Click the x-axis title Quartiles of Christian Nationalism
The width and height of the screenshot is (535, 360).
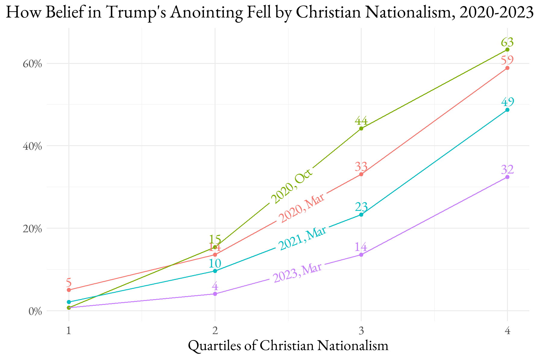tap(288, 346)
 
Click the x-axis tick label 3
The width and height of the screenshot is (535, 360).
tap(361, 331)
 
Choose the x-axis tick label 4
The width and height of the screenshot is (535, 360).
tap(507, 331)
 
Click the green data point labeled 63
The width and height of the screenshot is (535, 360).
tap(507, 49)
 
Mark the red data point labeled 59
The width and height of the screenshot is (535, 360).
tap(507, 68)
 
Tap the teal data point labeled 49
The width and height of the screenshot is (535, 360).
tap(507, 110)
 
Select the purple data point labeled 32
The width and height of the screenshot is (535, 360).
tap(507, 177)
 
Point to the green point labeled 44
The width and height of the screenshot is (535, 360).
tap(361, 129)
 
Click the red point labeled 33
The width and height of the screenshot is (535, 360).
tap(361, 174)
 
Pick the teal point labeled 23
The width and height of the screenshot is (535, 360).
tap(361, 215)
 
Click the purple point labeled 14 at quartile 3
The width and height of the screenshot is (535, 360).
tap(361, 255)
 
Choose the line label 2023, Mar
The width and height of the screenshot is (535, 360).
tap(297, 273)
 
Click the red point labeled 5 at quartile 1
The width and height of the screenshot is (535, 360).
tap(69, 290)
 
